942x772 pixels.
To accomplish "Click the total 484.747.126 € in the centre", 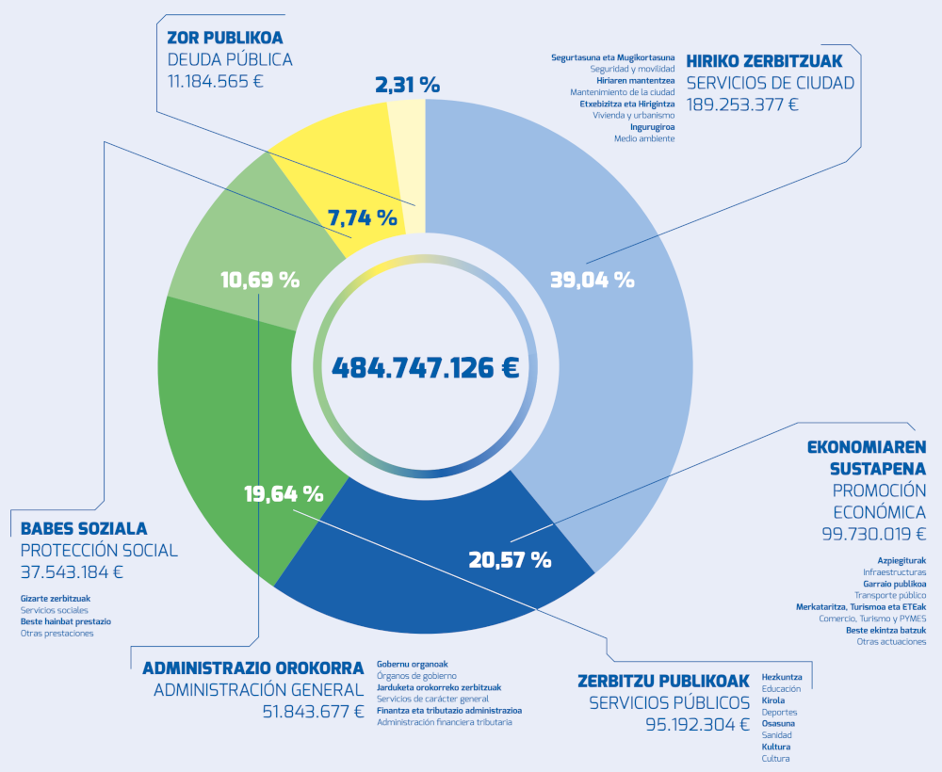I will click(425, 367).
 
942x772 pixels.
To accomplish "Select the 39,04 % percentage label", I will click(592, 280).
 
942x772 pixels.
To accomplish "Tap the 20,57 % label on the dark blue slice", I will click(510, 559).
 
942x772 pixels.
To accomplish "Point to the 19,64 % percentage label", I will click(284, 493).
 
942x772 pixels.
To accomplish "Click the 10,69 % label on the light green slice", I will click(260, 280).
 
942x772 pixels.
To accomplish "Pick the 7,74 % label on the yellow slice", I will click(362, 217).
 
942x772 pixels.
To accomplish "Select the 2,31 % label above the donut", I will click(407, 85).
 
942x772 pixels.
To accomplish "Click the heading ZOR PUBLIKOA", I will click(224, 39).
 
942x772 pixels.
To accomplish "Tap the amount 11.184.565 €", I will click(215, 81).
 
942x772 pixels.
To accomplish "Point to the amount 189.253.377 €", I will click(742, 104).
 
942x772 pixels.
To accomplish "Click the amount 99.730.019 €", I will click(873, 534).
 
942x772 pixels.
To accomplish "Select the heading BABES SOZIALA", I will click(84, 529).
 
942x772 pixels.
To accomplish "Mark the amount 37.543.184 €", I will click(72, 571).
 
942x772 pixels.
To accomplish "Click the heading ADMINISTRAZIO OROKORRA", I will click(252, 668).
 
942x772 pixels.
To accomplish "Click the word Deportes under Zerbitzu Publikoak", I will click(779, 713).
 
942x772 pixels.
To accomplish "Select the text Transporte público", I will click(890, 595).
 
